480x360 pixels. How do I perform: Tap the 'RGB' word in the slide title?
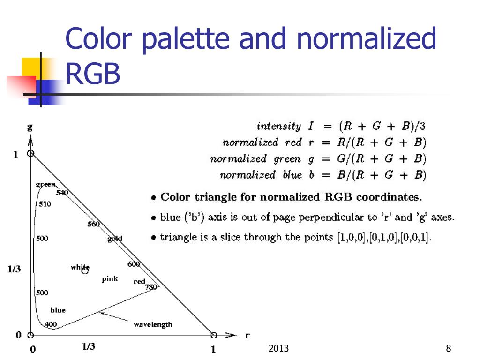[x=93, y=74]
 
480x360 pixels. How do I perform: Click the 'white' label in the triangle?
[x=80, y=267]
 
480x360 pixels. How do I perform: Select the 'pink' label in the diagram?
[x=110, y=279]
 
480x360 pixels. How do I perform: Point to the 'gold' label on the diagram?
[x=115, y=239]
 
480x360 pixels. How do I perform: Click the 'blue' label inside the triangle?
[x=58, y=310]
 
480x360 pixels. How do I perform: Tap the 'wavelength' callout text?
[x=153, y=324]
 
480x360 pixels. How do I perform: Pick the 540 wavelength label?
[x=62, y=192]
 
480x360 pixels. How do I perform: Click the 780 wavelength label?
[x=151, y=287]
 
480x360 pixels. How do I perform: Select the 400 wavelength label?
[x=51, y=324]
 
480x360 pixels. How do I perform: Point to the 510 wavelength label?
[x=45, y=204]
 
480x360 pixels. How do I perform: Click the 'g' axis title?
[x=30, y=127]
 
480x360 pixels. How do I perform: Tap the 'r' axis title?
[x=247, y=335]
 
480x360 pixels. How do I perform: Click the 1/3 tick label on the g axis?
[x=14, y=269]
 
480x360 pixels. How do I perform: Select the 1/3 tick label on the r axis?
[x=89, y=346]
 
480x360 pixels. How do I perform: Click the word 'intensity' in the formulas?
[x=278, y=126]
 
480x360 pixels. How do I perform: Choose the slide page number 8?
[x=449, y=348]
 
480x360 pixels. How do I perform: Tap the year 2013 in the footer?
[x=278, y=348]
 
